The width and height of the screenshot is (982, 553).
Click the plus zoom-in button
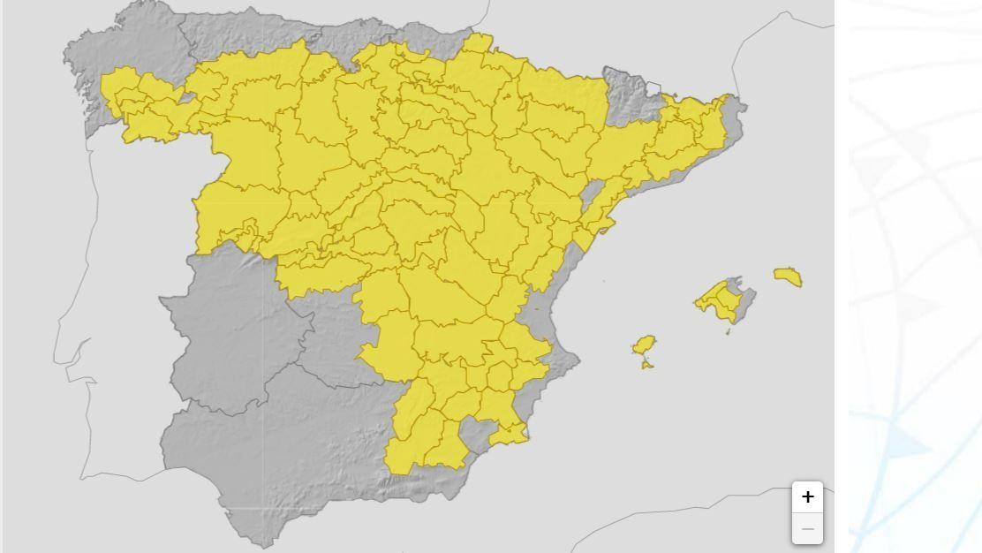tap(807, 497)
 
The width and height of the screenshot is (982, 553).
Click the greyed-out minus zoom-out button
tap(807, 528)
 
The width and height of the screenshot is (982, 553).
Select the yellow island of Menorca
tap(788, 276)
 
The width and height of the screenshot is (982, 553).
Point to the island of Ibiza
tap(645, 345)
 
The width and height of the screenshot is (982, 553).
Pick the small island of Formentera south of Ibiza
tap(647, 363)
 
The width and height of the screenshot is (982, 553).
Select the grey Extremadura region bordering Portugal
tap(230, 327)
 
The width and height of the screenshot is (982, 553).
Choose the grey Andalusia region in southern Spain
tap(283, 442)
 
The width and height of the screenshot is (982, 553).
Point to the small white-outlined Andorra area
tap(653, 87)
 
